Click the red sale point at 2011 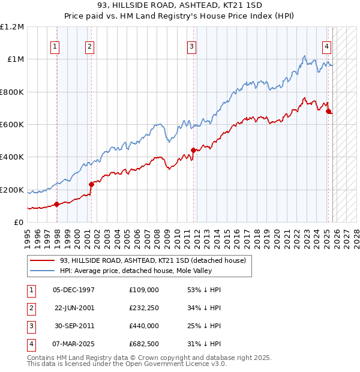(x=193, y=150)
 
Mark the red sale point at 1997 (x=57, y=204)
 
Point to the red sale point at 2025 (x=328, y=111)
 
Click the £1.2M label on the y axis (x=12, y=26)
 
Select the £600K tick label (x=12, y=125)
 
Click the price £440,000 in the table (x=143, y=326)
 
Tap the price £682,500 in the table (x=143, y=344)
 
